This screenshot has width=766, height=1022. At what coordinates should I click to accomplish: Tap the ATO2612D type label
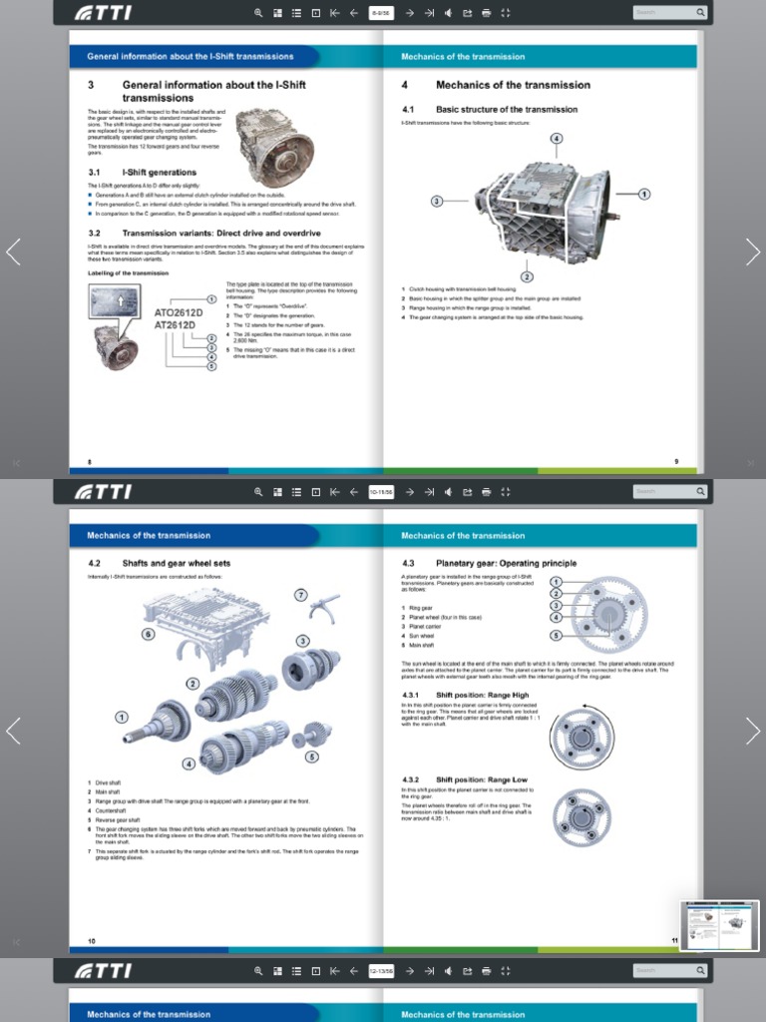click(179, 312)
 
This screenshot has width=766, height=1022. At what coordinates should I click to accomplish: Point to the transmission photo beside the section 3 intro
click(275, 146)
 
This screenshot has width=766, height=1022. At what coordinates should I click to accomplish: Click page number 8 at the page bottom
click(90, 461)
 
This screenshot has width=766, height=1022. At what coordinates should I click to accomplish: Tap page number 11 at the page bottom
click(674, 940)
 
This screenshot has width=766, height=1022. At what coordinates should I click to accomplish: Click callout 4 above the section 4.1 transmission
click(557, 138)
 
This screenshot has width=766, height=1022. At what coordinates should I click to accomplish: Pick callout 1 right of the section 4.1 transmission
click(644, 194)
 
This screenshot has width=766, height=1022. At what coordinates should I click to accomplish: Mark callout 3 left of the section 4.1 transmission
click(436, 201)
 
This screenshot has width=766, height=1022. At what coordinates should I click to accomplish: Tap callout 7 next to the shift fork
click(300, 595)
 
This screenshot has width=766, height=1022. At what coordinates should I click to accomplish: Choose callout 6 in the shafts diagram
click(148, 633)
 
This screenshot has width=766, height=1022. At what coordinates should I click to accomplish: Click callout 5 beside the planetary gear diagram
click(556, 635)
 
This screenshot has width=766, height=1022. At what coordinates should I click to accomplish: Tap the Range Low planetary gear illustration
click(582, 815)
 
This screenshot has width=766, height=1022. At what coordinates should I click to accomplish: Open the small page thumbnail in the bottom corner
click(719, 925)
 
